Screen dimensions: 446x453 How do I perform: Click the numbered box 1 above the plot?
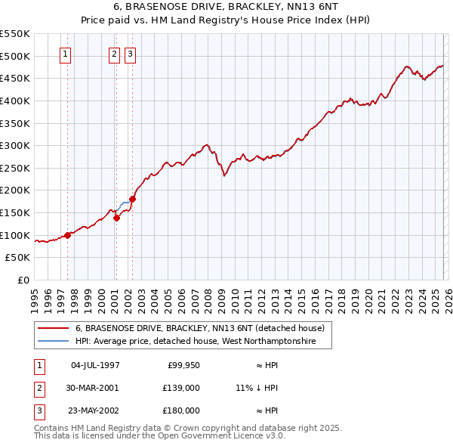[66, 54]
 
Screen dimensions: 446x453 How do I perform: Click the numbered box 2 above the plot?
[114, 54]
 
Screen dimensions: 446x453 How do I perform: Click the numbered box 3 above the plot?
[130, 54]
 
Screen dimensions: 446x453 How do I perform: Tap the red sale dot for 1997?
[67, 235]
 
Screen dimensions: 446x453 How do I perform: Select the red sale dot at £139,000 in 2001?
[117, 218]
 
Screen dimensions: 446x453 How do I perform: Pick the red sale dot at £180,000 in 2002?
[132, 199]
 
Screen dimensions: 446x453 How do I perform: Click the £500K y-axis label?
[15, 56]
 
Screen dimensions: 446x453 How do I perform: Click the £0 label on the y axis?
[23, 280]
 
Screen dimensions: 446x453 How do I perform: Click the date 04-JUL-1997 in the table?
[95, 366]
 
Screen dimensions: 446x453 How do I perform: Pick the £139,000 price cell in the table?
[181, 388]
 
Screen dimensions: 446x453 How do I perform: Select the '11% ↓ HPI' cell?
[257, 388]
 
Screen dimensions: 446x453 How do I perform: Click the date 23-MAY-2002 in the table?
[95, 410]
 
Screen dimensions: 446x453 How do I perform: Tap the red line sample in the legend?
[53, 328]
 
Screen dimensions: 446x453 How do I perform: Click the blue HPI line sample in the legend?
[53, 342]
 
